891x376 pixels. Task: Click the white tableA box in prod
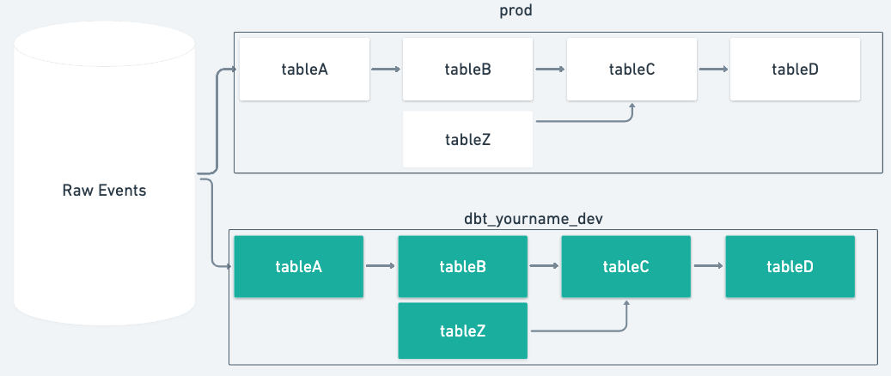pyautogui.click(x=304, y=70)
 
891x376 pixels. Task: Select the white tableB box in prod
pyautogui.click(x=468, y=70)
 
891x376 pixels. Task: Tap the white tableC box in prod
pyautogui.click(x=632, y=70)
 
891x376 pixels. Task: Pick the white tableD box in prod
pyautogui.click(x=795, y=70)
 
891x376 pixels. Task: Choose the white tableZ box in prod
pyautogui.click(x=468, y=139)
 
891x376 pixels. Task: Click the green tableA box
pyautogui.click(x=299, y=267)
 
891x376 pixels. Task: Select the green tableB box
pyautogui.click(x=463, y=267)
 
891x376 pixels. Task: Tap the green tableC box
pyautogui.click(x=626, y=267)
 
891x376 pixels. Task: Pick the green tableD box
pyautogui.click(x=790, y=267)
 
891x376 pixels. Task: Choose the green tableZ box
pyautogui.click(x=463, y=331)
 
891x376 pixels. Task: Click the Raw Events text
pyautogui.click(x=104, y=191)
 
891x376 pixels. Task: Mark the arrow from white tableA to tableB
pyautogui.click(x=386, y=70)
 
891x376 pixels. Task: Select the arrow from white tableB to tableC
pyautogui.click(x=550, y=70)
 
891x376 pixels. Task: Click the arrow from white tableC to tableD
pyautogui.click(x=713, y=70)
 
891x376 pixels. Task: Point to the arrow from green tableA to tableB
pyautogui.click(x=381, y=267)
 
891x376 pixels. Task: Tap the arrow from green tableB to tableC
pyautogui.click(x=545, y=267)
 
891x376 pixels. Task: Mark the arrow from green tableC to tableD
pyautogui.click(x=709, y=267)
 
